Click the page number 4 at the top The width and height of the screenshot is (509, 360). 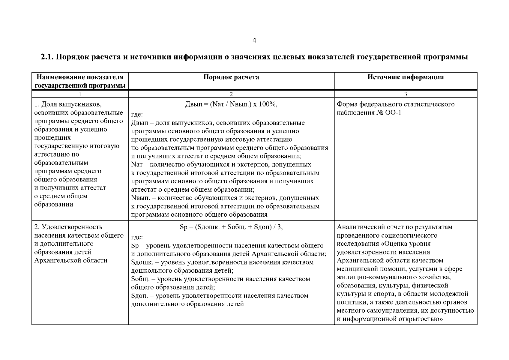coord(254,40)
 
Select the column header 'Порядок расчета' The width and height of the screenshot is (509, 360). coord(231,77)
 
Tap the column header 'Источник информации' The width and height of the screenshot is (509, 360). coord(406,77)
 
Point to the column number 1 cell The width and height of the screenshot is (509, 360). coord(80,94)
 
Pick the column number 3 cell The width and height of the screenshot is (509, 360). coord(406,94)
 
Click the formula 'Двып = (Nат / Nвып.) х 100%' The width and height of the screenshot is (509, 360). coord(231,104)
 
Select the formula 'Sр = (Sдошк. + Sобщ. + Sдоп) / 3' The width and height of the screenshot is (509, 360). coord(231,227)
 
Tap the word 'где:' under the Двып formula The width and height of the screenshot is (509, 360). coord(137,115)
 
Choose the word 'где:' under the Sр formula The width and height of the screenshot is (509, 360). coord(137,237)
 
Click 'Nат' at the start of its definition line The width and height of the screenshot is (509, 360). coord(136,165)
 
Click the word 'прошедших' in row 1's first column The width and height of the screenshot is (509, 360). coord(53,138)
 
